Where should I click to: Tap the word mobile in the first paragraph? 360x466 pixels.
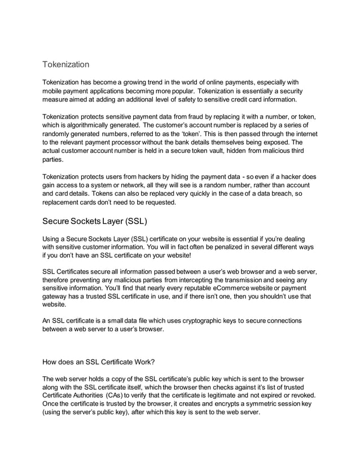click(54, 91)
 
